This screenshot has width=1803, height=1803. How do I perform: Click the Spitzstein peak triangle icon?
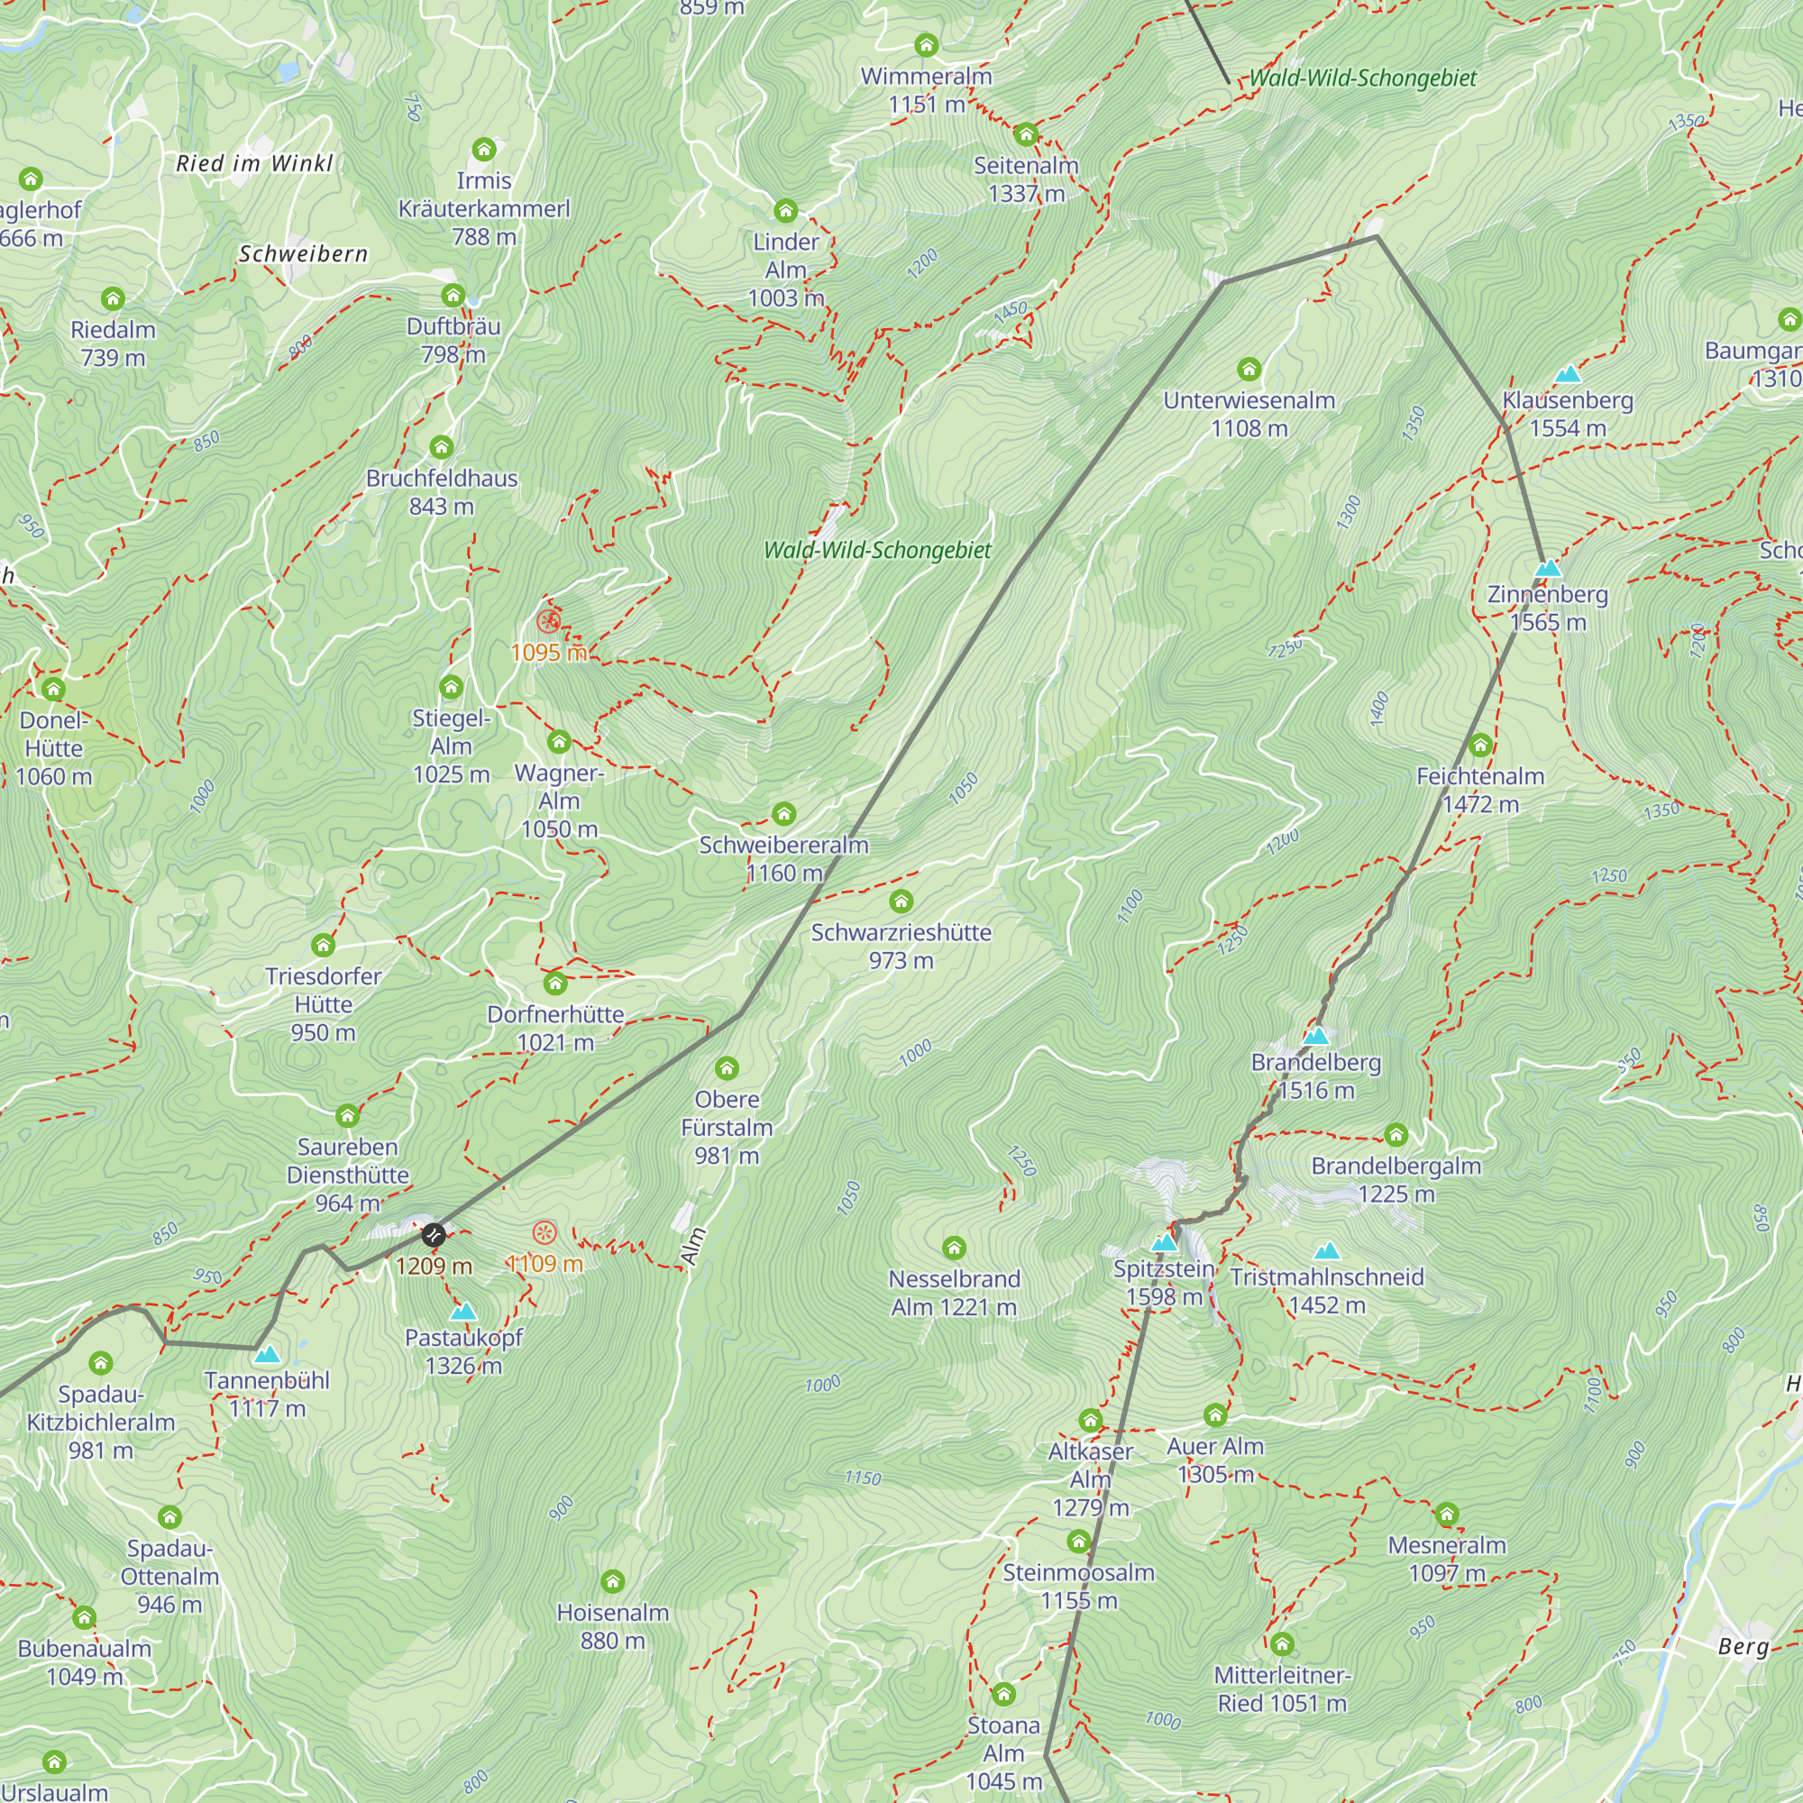[x=1164, y=1243]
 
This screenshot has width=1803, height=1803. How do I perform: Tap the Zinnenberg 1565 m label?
[x=1547, y=608]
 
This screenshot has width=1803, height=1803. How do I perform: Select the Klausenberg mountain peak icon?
[x=1568, y=375]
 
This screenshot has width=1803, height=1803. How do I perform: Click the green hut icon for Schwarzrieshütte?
[x=901, y=901]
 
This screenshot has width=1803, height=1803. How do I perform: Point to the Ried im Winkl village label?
[x=254, y=164]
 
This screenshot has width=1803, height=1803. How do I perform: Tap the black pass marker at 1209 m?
[x=433, y=1236]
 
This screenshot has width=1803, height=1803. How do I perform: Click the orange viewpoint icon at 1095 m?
[x=549, y=620]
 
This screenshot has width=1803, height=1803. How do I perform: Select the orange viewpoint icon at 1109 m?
[x=545, y=1232]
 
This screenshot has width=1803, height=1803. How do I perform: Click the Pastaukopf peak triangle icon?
[x=462, y=1312]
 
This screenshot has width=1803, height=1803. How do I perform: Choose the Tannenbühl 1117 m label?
[x=267, y=1395]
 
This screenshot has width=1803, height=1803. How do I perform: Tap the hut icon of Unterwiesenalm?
[x=1249, y=370]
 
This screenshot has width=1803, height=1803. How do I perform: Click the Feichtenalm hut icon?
[x=1480, y=745]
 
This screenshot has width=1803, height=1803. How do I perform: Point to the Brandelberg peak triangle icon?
[x=1316, y=1036]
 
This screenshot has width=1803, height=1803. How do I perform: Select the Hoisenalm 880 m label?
[x=612, y=1626]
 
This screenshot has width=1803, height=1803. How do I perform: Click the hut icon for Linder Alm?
[x=786, y=211]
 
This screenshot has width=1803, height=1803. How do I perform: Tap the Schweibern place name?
[x=303, y=254]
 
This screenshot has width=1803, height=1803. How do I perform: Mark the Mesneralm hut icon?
[x=1447, y=1514]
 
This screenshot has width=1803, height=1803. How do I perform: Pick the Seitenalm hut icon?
[x=1027, y=134]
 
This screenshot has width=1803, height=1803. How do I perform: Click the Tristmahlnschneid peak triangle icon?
[x=1327, y=1250]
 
